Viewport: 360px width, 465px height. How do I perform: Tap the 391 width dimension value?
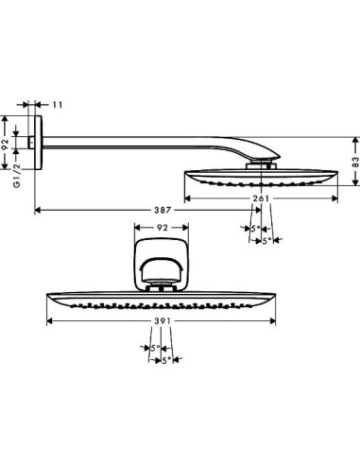point(162,322)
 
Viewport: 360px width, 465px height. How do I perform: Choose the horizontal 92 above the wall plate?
point(162,229)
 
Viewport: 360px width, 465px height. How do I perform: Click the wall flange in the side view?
point(39,144)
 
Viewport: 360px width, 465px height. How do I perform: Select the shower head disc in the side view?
point(259,179)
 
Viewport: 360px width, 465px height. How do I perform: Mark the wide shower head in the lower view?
point(163,300)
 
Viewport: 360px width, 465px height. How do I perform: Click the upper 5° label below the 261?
point(253,229)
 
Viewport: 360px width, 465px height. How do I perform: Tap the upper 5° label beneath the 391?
point(154,349)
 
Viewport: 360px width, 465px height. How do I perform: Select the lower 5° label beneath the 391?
point(166,360)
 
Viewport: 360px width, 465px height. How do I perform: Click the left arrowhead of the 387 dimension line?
point(39,208)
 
